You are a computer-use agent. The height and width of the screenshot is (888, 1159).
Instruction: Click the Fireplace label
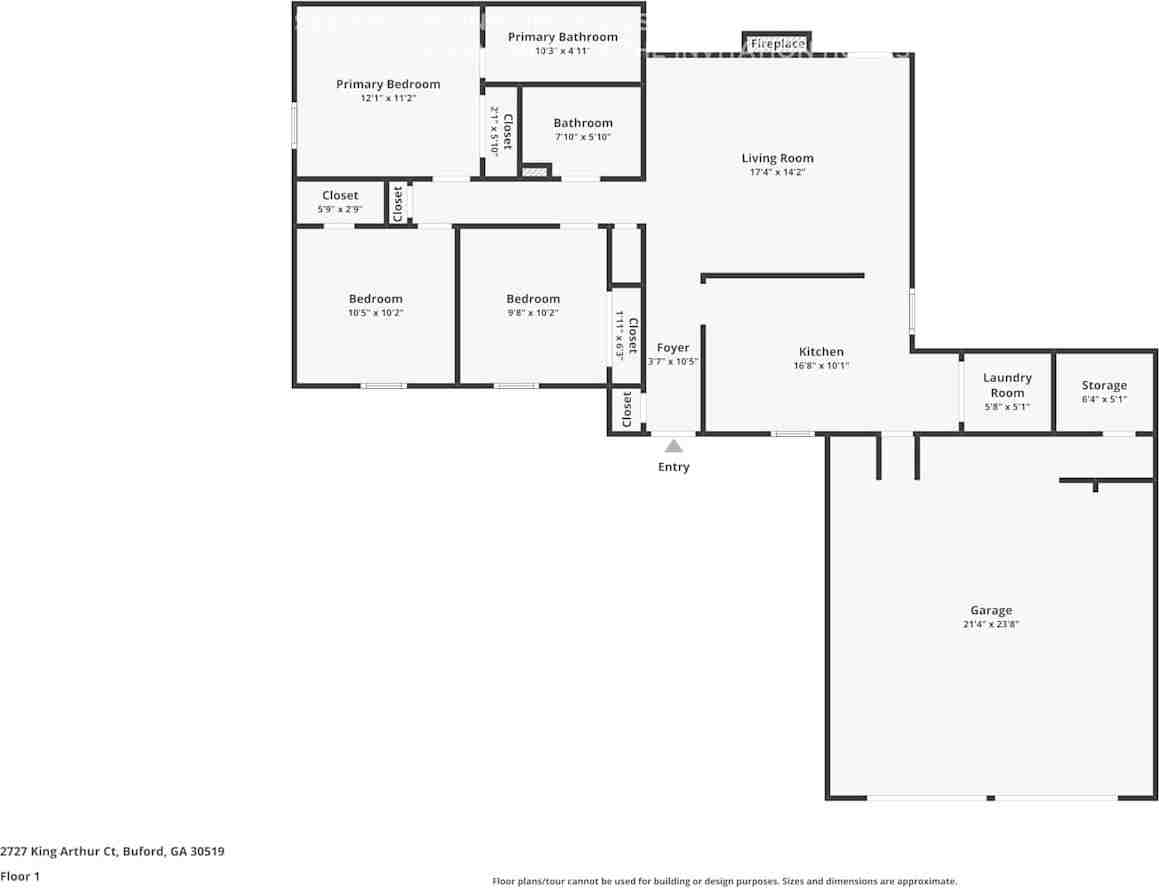pos(777,44)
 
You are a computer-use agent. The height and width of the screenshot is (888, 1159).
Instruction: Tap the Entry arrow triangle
pos(674,446)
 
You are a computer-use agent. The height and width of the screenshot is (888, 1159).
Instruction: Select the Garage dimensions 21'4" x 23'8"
pos(990,624)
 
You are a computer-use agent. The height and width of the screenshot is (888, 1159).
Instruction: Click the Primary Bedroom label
pos(388,84)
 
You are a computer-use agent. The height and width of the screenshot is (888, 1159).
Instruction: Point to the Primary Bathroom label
pos(562,37)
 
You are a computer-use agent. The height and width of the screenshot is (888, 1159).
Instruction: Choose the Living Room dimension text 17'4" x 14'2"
pos(777,172)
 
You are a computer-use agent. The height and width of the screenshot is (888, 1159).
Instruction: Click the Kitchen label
pos(821,351)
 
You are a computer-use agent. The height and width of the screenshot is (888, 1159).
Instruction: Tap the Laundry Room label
pos(1007,385)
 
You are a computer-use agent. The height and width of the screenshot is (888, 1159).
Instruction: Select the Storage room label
pos(1104,385)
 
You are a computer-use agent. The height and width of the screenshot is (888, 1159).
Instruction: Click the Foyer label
pos(673,348)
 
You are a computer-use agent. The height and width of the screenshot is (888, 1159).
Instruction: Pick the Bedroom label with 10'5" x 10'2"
pos(376,298)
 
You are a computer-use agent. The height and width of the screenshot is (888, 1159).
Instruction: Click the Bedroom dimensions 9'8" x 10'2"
pos(533,313)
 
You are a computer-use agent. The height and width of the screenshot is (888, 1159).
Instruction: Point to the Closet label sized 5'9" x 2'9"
pos(340,195)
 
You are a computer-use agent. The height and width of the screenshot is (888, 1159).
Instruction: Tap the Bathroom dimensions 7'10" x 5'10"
pos(583,137)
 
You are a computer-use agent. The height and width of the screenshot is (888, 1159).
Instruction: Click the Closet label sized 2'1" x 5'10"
pos(507,131)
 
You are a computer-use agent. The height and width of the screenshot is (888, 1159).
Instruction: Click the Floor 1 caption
pos(20,876)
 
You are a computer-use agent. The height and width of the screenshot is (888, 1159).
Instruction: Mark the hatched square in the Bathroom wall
pos(536,172)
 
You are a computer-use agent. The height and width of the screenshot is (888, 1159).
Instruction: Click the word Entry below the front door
pos(673,467)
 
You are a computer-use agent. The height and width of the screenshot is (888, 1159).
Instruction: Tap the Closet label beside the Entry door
pos(627,408)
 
